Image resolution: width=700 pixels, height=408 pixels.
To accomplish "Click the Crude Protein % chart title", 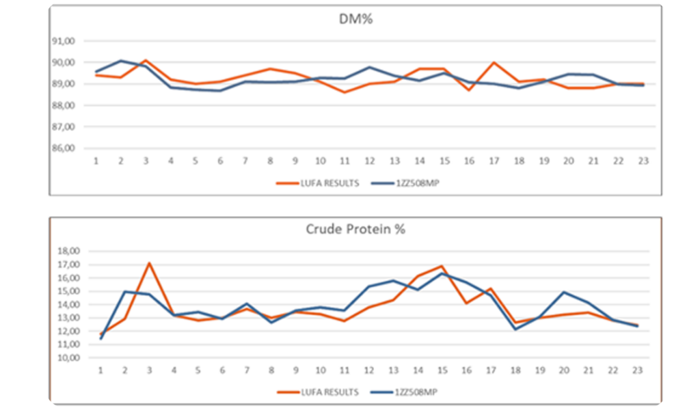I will tap(355, 230).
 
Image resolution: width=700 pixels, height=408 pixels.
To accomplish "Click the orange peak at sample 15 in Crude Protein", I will tap(441, 266).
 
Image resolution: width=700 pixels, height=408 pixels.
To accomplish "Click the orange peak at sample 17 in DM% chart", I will tap(494, 62).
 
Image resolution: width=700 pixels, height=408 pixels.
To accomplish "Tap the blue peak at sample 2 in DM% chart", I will tap(121, 61).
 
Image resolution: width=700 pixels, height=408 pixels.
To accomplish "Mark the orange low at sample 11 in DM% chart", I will tap(345, 92).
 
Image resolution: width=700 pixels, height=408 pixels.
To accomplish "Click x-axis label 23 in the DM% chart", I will tap(643, 161).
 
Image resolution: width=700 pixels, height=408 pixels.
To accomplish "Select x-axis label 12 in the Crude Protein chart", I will tap(368, 371).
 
